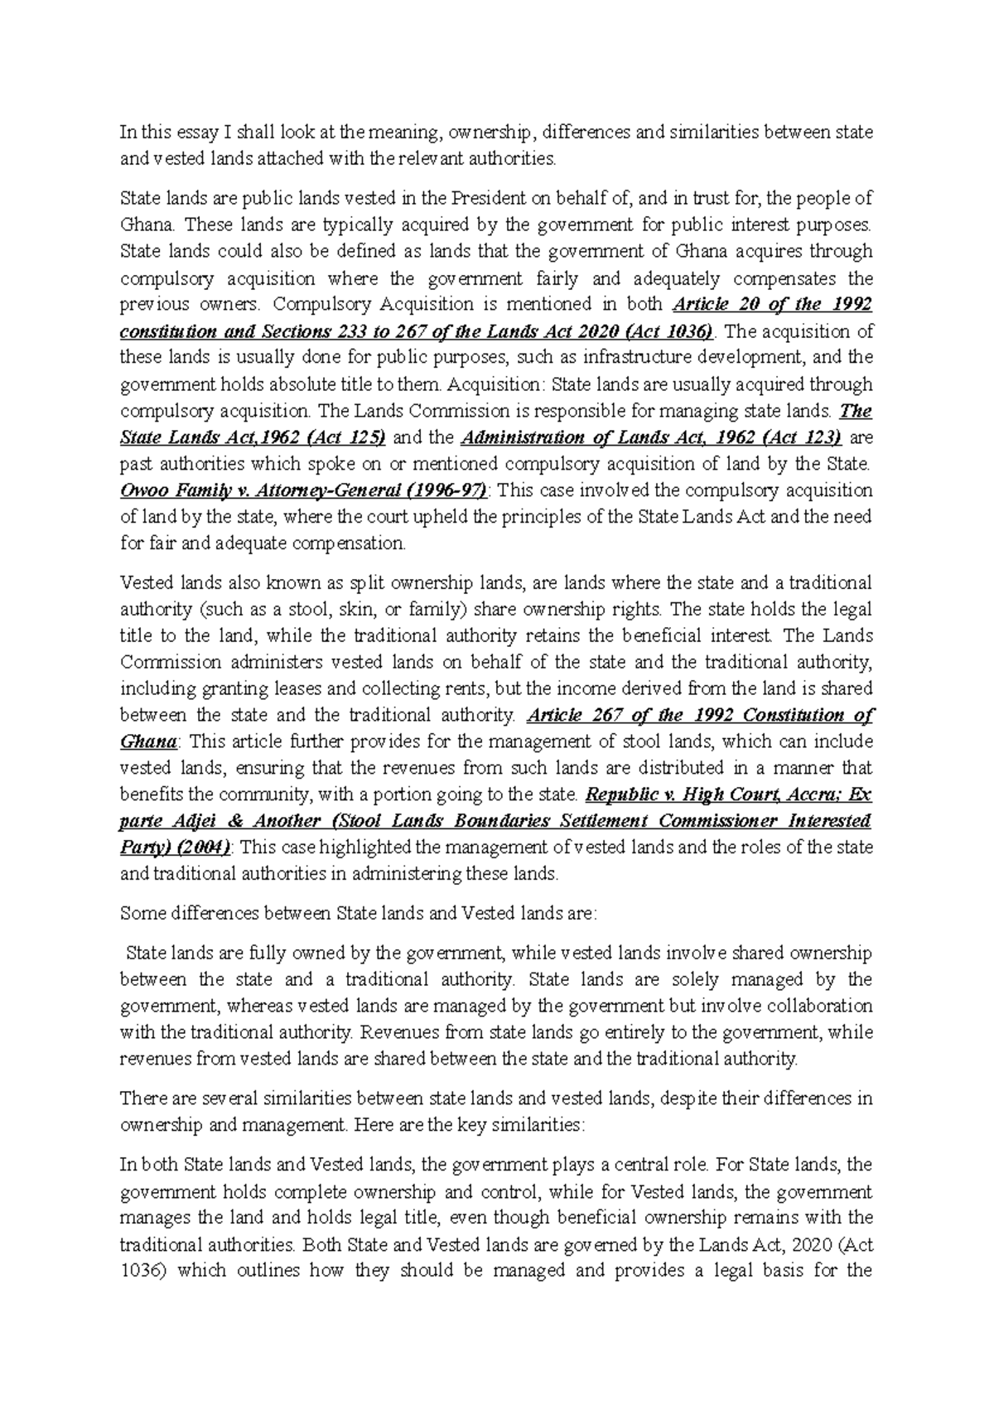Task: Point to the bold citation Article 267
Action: pyautogui.click(x=584, y=716)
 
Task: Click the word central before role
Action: pyautogui.click(x=648, y=1166)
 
